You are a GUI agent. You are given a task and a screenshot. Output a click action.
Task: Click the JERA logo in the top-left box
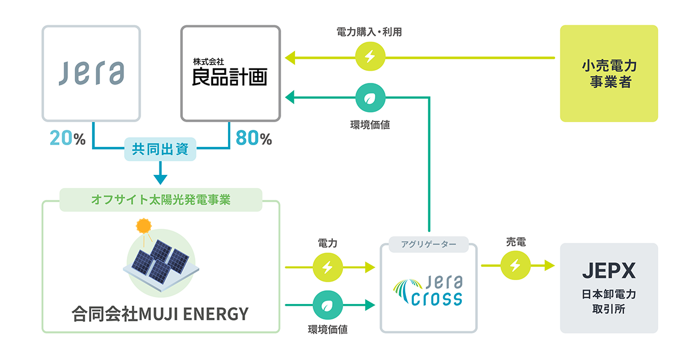click(91, 73)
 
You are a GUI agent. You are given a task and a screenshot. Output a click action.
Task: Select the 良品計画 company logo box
click(230, 73)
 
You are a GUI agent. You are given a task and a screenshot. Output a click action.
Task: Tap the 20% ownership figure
click(67, 139)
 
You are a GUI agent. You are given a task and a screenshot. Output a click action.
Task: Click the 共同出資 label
click(161, 150)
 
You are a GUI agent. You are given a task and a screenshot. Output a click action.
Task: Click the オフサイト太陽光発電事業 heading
click(161, 200)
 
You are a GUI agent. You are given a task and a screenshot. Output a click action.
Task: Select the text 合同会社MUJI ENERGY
click(161, 314)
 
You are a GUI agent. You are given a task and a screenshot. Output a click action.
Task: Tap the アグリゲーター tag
click(428, 244)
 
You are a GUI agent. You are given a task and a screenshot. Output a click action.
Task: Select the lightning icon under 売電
click(514, 266)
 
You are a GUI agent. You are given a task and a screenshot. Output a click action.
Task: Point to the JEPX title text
click(608, 270)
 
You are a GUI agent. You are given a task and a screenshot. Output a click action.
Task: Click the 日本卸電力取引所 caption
click(608, 302)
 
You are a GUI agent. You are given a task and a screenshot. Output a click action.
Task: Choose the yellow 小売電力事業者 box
click(609, 73)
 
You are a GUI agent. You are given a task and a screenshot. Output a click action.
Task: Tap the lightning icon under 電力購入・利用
click(370, 57)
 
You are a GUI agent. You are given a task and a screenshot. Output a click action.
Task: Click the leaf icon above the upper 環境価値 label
click(370, 98)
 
